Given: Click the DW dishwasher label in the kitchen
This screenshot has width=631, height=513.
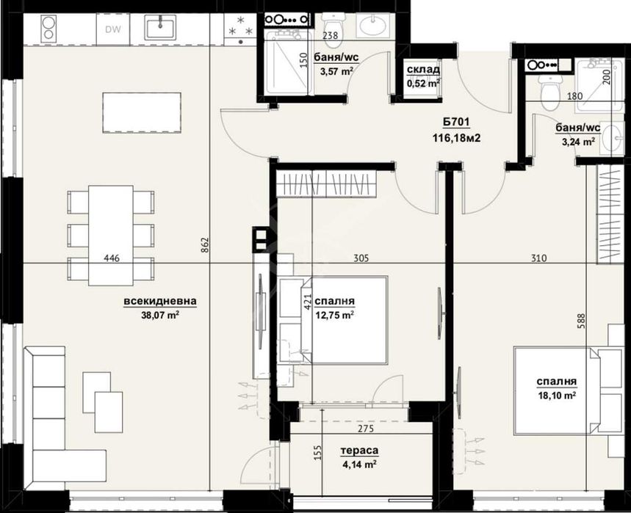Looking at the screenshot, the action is click(113, 29).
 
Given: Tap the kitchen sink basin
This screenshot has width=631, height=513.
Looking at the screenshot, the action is click(160, 27).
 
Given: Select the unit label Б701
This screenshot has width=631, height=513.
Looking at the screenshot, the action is click(456, 122).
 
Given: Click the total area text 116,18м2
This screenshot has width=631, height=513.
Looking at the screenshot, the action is click(457, 138).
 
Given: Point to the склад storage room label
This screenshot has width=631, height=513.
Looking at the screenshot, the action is click(423, 70).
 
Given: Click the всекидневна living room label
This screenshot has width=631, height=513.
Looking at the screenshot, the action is click(160, 301).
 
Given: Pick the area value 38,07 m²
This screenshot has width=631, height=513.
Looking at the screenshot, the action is click(160, 315).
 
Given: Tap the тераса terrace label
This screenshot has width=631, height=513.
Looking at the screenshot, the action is click(359, 451).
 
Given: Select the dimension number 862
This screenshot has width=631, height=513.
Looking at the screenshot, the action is click(204, 246).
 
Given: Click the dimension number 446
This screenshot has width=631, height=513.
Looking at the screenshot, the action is click(112, 258).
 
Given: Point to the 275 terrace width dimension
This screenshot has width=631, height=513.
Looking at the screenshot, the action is click(365, 429).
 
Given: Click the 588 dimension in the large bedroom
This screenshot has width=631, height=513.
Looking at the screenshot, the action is click(580, 322).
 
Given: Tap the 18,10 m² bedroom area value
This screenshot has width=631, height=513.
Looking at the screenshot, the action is click(557, 395).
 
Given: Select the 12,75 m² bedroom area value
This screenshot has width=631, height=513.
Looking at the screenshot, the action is click(335, 315).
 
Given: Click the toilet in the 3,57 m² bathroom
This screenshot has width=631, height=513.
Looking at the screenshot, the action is click(333, 23).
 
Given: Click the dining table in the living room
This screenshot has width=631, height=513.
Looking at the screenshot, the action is click(111, 235).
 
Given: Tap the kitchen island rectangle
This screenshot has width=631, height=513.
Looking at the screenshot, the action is click(142, 112).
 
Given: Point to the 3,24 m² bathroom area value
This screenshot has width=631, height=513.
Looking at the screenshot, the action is click(577, 142).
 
